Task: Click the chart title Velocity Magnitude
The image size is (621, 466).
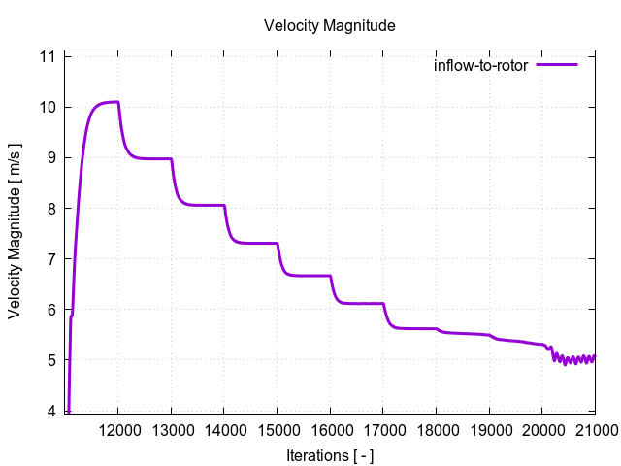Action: (329, 26)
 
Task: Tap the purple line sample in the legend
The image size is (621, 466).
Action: (556, 65)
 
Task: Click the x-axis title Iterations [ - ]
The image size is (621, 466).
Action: (329, 455)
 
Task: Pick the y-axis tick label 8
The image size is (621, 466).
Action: (51, 208)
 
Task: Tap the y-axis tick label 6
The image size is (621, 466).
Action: (51, 310)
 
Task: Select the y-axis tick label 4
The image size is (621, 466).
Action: (51, 411)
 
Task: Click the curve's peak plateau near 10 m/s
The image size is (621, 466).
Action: (107, 102)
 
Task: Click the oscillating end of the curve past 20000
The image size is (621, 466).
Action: (572, 359)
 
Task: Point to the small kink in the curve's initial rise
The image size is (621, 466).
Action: (71, 316)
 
